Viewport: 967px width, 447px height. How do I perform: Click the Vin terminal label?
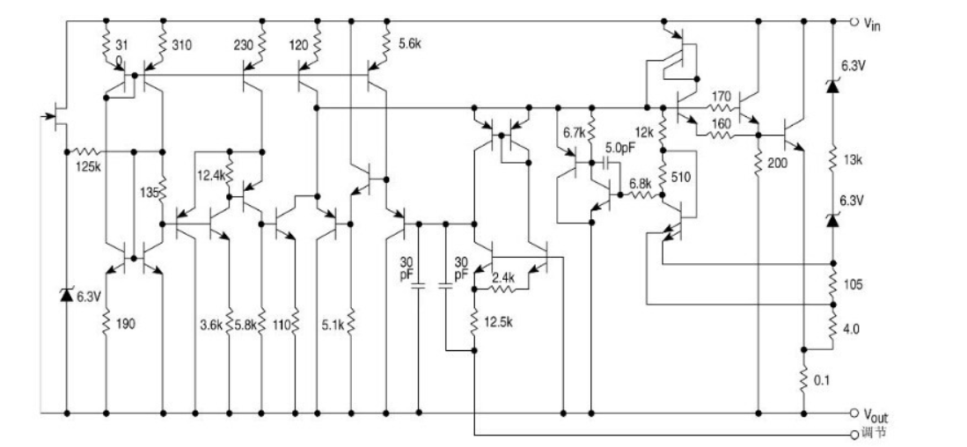click(872, 24)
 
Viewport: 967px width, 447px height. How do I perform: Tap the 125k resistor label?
click(88, 166)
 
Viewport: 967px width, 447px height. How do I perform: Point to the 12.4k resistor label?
click(209, 175)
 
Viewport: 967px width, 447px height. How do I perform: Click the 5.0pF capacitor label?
click(619, 148)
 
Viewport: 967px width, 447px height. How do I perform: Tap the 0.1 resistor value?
click(822, 381)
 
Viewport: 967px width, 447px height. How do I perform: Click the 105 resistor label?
click(853, 285)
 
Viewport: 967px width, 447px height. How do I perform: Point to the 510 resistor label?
click(682, 179)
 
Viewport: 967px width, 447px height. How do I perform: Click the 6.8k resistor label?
click(640, 184)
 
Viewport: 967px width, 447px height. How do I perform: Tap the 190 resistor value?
click(126, 324)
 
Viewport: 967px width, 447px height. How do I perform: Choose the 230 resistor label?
click(244, 45)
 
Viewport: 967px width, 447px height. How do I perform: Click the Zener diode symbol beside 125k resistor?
click(67, 295)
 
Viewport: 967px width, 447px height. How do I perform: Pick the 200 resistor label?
click(778, 164)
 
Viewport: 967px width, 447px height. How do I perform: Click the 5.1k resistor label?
click(333, 324)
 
